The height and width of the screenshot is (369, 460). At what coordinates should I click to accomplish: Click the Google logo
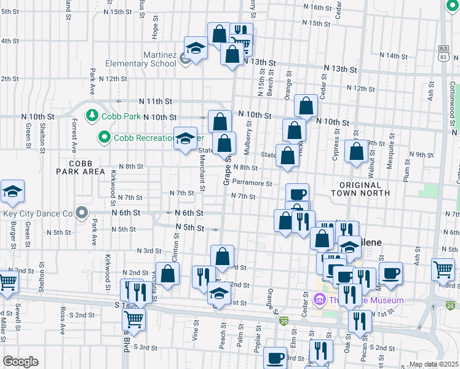click(20, 362)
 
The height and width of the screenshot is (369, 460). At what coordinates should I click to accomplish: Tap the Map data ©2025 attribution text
click(434, 364)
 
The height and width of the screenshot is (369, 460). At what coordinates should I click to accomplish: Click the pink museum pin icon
click(319, 300)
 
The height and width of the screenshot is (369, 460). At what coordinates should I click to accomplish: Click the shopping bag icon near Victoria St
click(167, 274)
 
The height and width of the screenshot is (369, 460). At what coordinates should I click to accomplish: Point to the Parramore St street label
click(252, 183)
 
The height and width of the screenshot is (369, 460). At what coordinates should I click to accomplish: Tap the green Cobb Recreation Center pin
click(104, 137)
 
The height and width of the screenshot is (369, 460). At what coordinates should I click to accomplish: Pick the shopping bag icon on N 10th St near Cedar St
click(306, 106)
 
